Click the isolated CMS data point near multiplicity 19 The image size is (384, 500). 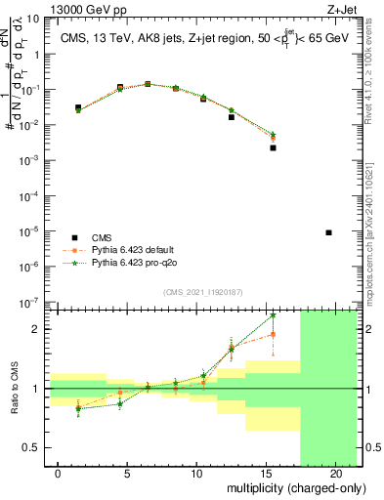click(x=328, y=232)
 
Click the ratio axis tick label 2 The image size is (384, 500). click(x=39, y=329)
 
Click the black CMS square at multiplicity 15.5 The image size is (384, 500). click(x=273, y=148)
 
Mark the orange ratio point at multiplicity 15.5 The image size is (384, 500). click(x=273, y=334)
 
